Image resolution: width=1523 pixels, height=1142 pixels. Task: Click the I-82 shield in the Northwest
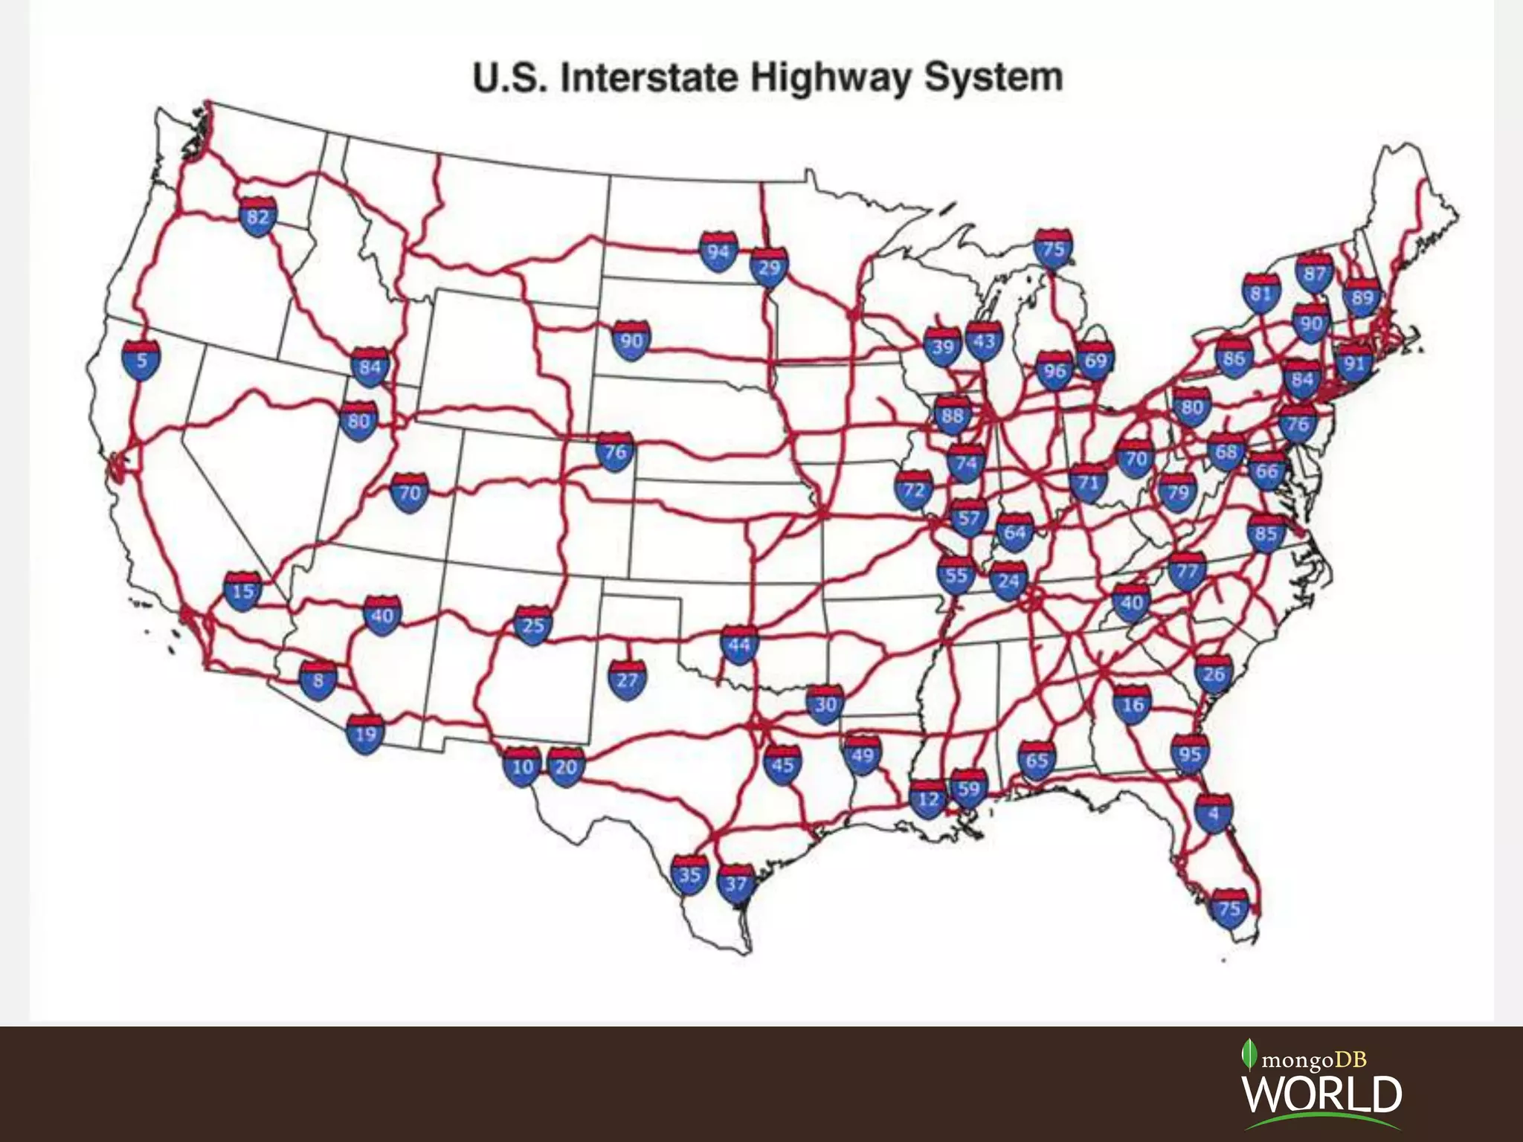point(257,217)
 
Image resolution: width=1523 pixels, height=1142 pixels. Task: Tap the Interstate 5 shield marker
point(141,361)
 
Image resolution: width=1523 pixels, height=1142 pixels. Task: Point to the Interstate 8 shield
point(318,680)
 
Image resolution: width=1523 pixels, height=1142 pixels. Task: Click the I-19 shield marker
point(365,735)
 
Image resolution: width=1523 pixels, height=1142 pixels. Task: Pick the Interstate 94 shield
point(718,251)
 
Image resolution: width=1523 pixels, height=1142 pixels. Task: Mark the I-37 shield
point(735,883)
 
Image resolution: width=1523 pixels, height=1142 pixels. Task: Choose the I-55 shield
point(956,575)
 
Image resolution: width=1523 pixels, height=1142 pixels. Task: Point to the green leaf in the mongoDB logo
point(1250,1054)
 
